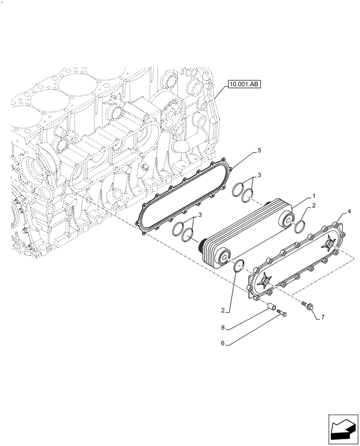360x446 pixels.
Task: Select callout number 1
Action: pos(314,196)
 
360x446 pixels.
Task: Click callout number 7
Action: pos(323,317)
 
